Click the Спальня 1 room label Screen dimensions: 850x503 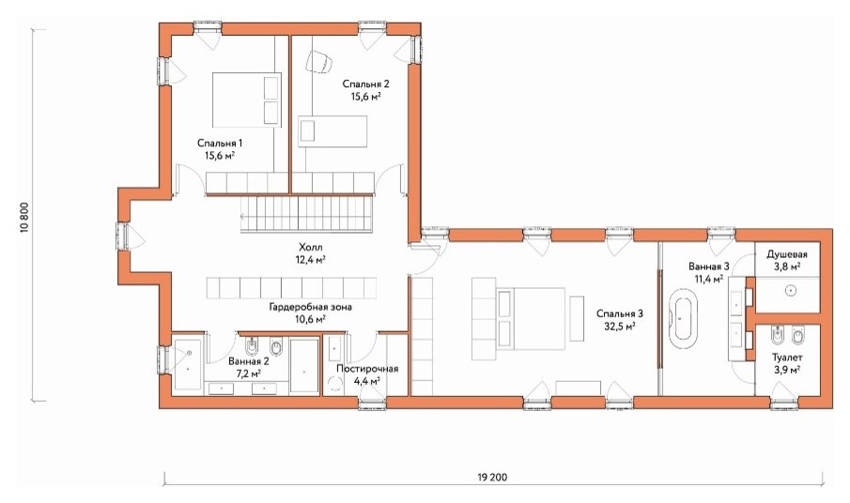click(x=220, y=144)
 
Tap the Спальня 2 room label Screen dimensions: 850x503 click(x=366, y=84)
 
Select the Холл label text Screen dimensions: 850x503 click(x=310, y=248)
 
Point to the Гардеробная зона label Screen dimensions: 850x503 click(x=310, y=307)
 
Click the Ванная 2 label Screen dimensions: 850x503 click(x=249, y=361)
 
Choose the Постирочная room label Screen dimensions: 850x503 click(x=367, y=369)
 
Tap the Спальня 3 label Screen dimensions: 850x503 click(x=620, y=313)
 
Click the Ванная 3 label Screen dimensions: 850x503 click(x=709, y=267)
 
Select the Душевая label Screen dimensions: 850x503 click(x=786, y=254)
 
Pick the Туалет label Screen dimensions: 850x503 click(x=787, y=358)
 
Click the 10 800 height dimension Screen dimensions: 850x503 click(x=24, y=218)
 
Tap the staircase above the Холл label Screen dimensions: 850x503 click(x=306, y=214)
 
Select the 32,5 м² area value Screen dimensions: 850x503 click(x=620, y=326)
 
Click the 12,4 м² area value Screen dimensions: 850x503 click(x=310, y=260)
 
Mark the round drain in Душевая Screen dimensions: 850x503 click(x=791, y=291)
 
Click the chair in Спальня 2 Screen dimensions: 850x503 click(x=318, y=61)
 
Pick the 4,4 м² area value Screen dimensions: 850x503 click(x=367, y=381)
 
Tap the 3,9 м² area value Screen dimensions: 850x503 click(x=787, y=370)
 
